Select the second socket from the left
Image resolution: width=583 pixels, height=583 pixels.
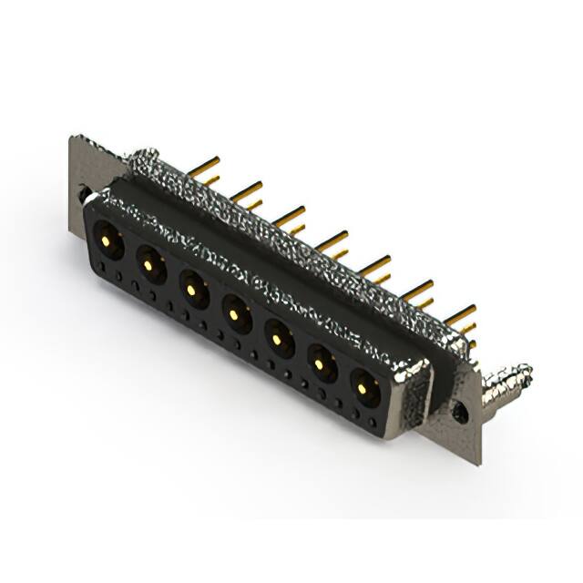[148, 264]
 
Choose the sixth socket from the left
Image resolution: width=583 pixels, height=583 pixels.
[321, 365]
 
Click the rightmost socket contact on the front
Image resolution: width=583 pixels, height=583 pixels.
[363, 389]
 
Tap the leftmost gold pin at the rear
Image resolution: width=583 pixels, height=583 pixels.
[205, 168]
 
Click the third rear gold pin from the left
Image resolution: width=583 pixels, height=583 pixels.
[291, 216]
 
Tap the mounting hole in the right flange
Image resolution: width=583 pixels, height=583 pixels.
[460, 413]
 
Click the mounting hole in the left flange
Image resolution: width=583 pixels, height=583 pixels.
[85, 194]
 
